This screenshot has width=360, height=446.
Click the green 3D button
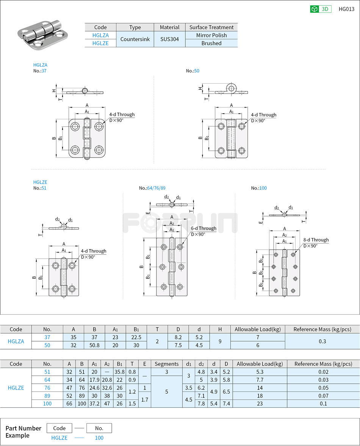click(x=321, y=9)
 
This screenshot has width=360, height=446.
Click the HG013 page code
click(x=346, y=9)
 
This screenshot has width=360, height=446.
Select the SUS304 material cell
click(x=169, y=39)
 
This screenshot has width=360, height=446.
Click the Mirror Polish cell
click(x=211, y=35)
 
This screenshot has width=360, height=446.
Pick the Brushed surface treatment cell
click(x=211, y=43)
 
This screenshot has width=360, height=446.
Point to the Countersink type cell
click(x=135, y=39)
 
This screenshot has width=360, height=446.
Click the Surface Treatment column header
click(x=211, y=27)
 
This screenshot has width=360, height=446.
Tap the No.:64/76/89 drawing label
click(x=152, y=188)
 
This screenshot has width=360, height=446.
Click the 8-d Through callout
click(x=316, y=240)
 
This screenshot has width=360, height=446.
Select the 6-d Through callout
click(x=203, y=228)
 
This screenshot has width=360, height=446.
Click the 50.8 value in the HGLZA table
click(x=94, y=345)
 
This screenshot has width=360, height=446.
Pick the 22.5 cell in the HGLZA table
click(x=136, y=337)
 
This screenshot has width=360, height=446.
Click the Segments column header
click(x=166, y=364)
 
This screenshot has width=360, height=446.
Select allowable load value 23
click(x=260, y=404)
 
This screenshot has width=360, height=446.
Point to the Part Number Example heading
click(x=23, y=432)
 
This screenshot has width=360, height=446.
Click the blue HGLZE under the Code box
click(x=59, y=438)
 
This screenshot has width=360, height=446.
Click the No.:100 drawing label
click(x=259, y=188)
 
